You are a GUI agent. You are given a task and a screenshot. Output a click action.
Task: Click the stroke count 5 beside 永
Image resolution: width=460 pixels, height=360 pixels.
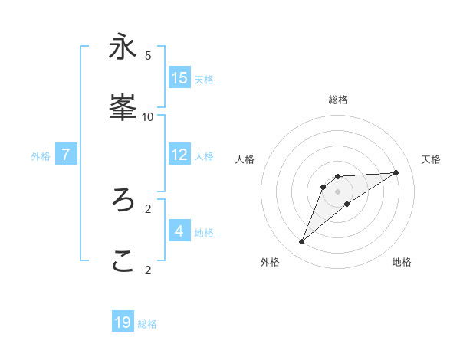click(148, 56)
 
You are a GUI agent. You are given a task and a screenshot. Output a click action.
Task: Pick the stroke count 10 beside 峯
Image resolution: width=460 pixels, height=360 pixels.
click(147, 117)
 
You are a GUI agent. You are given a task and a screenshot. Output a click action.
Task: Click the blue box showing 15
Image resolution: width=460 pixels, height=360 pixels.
click(179, 78)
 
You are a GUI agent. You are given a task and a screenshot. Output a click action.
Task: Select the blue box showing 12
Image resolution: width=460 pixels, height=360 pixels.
click(179, 155)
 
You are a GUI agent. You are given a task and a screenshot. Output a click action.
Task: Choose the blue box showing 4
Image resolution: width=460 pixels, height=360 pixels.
click(179, 231)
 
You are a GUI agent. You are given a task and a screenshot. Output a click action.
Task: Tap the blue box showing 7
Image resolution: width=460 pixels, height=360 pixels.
click(66, 155)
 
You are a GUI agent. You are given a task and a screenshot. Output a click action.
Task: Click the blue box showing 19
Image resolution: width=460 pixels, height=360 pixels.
click(123, 322)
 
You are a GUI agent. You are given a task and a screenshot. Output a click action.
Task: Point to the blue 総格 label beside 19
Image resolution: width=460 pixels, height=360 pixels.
click(147, 324)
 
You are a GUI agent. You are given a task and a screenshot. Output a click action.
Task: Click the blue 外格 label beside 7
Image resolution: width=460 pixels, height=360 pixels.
click(41, 156)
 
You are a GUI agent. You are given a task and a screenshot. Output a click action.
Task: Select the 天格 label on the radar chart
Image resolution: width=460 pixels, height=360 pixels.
click(431, 159)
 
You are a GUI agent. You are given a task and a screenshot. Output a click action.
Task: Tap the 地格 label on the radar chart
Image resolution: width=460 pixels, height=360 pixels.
click(402, 262)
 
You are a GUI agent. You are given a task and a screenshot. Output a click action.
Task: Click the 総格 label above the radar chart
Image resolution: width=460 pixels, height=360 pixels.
click(338, 100)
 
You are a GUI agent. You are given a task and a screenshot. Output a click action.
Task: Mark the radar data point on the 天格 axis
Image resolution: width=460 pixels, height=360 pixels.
click(396, 172)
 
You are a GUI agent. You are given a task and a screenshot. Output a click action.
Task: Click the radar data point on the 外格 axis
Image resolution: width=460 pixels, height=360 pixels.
click(301, 242)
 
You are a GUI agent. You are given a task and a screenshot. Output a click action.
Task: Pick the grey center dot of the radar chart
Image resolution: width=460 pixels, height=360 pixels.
click(338, 191)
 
